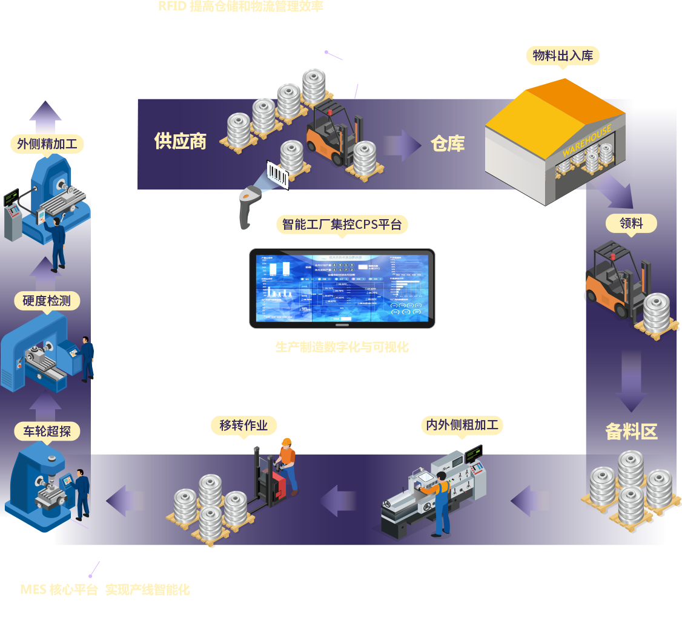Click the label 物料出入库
tap(563, 56)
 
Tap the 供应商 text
tap(180, 141)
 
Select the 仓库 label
tap(448, 143)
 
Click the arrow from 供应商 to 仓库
tap(400, 145)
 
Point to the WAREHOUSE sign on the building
tap(587, 141)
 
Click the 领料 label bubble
tap(631, 223)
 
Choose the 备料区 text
tap(631, 432)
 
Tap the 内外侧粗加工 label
tap(462, 424)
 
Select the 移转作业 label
tap(243, 425)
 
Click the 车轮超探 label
tap(47, 431)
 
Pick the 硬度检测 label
tap(47, 301)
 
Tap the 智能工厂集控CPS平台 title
tap(342, 225)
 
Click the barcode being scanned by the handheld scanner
tap(278, 174)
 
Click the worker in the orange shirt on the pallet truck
tap(287, 460)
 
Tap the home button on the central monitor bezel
tap(343, 324)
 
